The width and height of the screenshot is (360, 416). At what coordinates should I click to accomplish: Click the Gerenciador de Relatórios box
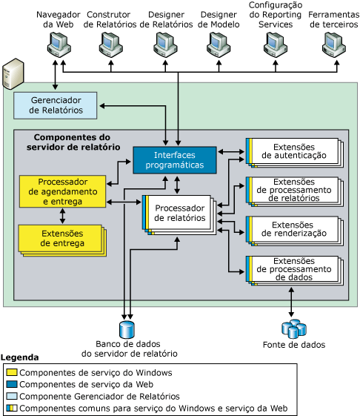click(55, 105)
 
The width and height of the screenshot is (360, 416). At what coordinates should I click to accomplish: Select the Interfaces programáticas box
click(174, 159)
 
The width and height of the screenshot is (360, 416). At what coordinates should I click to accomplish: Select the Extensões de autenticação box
click(293, 151)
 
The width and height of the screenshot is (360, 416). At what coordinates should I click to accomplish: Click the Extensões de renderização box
click(293, 229)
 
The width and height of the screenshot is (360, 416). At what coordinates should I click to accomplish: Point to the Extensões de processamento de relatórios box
click(293, 190)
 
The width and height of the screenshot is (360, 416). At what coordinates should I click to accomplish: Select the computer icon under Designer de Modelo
click(218, 47)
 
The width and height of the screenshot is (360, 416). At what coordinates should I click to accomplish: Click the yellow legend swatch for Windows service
click(11, 372)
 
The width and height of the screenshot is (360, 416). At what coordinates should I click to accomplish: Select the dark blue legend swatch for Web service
click(11, 384)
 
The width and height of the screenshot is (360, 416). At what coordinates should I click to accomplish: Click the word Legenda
click(20, 357)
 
